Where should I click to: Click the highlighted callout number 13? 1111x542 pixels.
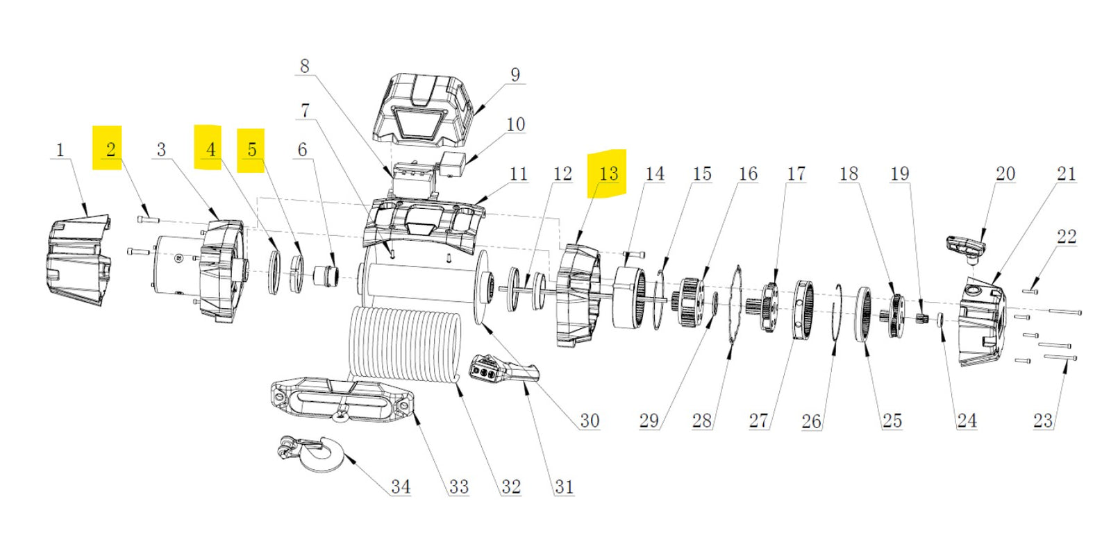(x=608, y=173)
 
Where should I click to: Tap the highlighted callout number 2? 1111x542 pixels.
(x=110, y=149)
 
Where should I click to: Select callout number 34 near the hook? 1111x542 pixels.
(x=400, y=486)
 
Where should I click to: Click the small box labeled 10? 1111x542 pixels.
(x=452, y=165)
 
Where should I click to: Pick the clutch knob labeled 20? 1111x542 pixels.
(x=967, y=247)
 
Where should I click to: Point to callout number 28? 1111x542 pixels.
(x=701, y=421)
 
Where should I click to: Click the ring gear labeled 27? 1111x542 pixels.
(x=804, y=310)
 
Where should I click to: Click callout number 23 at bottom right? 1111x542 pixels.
(x=1042, y=421)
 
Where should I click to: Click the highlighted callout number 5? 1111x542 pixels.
(x=251, y=149)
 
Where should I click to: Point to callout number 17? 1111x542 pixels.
(x=796, y=173)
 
